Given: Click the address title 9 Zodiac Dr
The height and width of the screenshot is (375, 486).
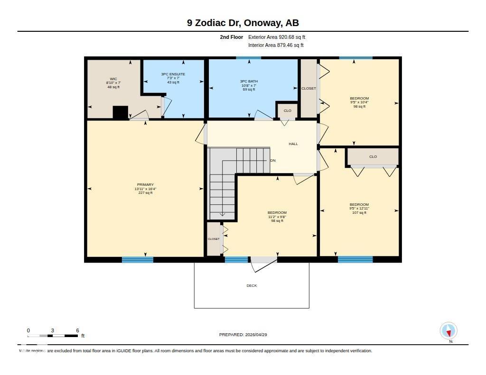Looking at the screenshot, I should [243, 23].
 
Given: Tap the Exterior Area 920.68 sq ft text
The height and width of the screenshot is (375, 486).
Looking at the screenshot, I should [280, 37].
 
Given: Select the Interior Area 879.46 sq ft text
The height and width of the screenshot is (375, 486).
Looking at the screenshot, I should [276, 46].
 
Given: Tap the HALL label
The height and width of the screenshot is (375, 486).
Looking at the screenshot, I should [293, 144].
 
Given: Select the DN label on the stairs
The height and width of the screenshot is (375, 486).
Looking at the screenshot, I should [273, 161].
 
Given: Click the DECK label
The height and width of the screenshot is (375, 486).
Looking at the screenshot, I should [252, 285].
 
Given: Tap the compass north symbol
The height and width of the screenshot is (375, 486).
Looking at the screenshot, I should [449, 331].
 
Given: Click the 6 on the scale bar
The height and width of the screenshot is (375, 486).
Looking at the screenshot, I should [77, 330].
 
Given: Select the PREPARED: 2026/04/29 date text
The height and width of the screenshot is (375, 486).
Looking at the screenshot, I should [246, 335].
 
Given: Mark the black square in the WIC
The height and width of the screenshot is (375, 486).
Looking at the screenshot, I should [121, 112].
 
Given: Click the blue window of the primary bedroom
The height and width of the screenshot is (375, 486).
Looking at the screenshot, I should [138, 259].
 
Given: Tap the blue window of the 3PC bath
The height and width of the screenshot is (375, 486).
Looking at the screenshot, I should [249, 58].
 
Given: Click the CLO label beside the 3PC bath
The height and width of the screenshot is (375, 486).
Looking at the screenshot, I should [288, 110].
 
